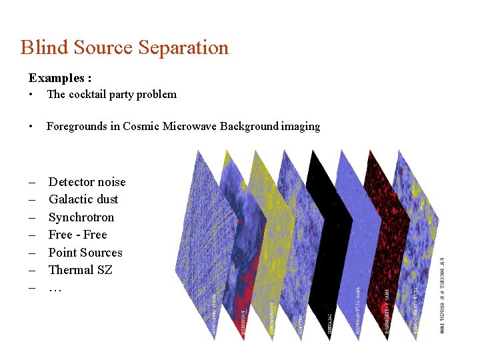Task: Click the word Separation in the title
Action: point(183,48)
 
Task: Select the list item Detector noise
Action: point(87,182)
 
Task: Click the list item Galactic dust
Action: point(83,199)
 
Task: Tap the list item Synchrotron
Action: point(81,217)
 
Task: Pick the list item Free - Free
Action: point(77,235)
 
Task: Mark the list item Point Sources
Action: point(85,253)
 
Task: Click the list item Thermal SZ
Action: point(80,270)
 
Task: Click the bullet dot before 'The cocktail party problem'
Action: point(31,95)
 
